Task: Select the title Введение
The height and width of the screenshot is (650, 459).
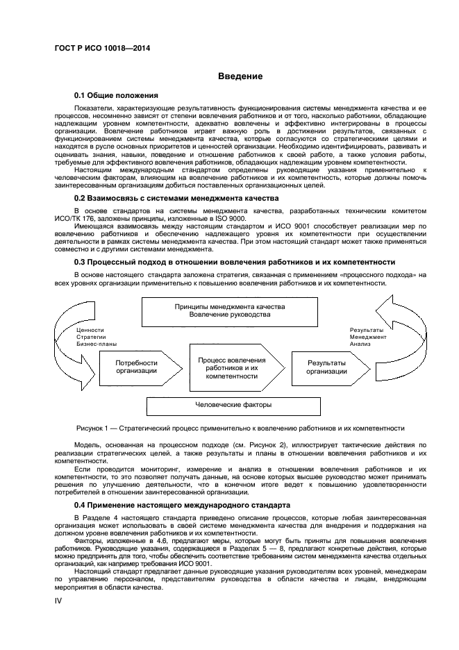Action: [240, 76]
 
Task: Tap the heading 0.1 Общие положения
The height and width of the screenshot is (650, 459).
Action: [117, 95]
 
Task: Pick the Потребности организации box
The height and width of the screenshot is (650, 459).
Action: [136, 367]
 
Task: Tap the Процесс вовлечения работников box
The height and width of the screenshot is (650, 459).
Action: [231, 367]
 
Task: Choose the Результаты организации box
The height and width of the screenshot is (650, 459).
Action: [327, 367]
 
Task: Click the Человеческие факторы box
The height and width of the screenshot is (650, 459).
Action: [229, 404]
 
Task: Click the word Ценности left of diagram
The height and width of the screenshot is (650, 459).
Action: [90, 330]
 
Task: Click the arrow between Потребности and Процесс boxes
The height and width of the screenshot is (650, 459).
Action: [181, 367]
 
